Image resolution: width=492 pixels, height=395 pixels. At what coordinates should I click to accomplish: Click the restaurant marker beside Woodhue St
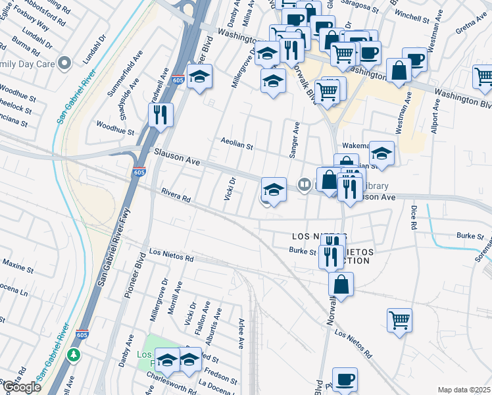coord(160,115)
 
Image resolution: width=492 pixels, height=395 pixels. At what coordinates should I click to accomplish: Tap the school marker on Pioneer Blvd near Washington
coord(199,77)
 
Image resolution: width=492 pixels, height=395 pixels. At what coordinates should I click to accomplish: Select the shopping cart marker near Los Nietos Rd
coord(399,320)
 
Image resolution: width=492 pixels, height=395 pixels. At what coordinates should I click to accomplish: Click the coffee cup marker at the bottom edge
coord(345,379)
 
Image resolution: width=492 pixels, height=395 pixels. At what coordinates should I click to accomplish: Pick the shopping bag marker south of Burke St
coord(341,284)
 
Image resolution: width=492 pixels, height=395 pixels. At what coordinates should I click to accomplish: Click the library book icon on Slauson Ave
coord(304,185)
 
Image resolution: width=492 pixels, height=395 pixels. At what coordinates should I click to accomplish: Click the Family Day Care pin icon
coord(64,64)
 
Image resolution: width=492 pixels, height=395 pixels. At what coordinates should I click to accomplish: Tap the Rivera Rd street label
coord(176,195)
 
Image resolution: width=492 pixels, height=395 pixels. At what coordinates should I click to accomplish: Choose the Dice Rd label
coord(413,217)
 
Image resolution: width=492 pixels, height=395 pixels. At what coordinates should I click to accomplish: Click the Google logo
coord(21,387)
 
